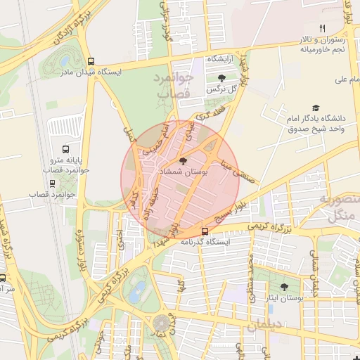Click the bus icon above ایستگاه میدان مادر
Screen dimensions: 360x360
click(x=90, y=61)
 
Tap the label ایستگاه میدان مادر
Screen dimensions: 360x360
click(x=91, y=72)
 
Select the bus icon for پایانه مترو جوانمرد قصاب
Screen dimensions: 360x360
click(x=65, y=150)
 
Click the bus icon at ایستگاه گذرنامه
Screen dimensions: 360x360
click(x=205, y=231)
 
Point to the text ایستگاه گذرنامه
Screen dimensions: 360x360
click(x=205, y=241)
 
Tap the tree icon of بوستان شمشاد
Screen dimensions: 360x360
click(x=183, y=162)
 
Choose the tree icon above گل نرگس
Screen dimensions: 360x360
click(x=222, y=79)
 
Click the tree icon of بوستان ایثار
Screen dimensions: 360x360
click(x=284, y=287)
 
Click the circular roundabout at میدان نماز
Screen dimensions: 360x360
click(x=162, y=323)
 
